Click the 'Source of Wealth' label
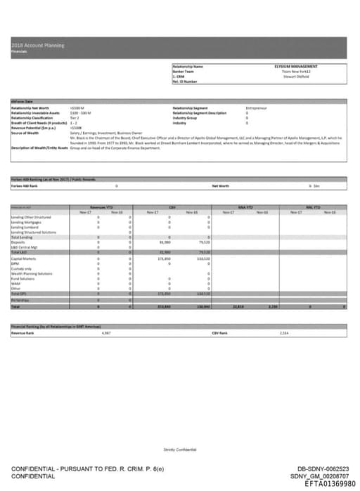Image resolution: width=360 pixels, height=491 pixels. tap(25, 133)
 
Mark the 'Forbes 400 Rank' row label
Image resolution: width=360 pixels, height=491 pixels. tap(25, 185)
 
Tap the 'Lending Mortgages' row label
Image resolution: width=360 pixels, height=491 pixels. tap(27, 222)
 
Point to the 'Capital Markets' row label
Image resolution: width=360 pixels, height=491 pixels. tap(23, 259)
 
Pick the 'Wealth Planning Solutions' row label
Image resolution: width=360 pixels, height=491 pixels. tap(32, 273)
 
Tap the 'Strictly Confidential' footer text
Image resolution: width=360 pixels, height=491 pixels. tap(180, 449)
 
